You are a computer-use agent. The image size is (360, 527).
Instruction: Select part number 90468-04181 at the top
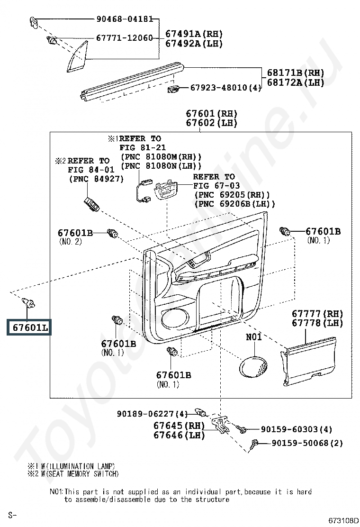coord(125,19)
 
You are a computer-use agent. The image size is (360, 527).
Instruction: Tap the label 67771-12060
coord(125,37)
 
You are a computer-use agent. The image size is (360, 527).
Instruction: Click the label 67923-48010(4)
coord(225,88)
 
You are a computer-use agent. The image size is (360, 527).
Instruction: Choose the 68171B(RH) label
coord(296,73)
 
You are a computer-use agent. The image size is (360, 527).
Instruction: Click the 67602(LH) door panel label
coord(212,123)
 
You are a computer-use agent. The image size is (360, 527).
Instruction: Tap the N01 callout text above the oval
coord(253,337)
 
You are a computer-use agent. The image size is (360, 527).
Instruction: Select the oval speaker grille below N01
coord(253,367)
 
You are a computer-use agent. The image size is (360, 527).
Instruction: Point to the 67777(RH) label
coord(317,314)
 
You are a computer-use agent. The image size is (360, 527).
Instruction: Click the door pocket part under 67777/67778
coord(308,362)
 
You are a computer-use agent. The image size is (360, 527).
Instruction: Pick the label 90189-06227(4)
coord(153,413)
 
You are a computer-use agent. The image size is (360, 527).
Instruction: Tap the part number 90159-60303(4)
coord(297,429)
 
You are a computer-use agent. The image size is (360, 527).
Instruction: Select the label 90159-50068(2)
coord(307,443)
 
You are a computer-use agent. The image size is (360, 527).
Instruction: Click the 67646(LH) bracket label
coord(180,435)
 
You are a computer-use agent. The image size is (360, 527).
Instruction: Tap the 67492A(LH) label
coord(194,43)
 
